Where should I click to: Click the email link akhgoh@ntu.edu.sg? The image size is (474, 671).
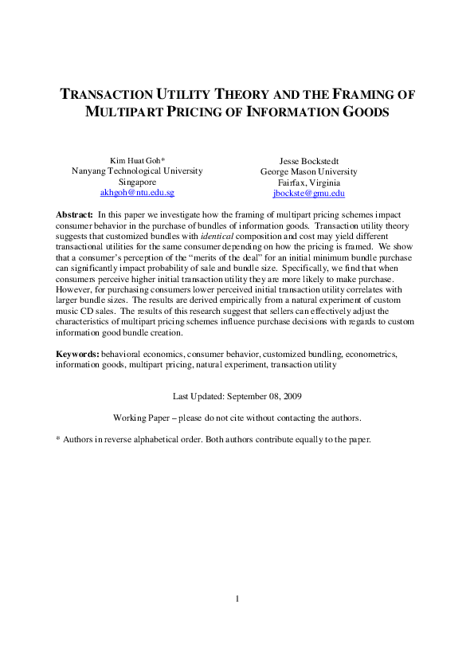137,193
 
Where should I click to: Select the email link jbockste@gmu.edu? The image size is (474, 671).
308,193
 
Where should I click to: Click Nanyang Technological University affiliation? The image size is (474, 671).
137,171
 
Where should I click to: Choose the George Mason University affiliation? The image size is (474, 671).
309,171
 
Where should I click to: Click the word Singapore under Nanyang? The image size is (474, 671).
137,182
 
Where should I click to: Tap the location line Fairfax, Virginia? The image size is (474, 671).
309,182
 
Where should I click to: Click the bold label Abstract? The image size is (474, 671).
74,215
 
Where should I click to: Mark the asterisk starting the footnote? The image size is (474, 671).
57,439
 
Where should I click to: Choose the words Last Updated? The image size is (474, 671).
198,395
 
